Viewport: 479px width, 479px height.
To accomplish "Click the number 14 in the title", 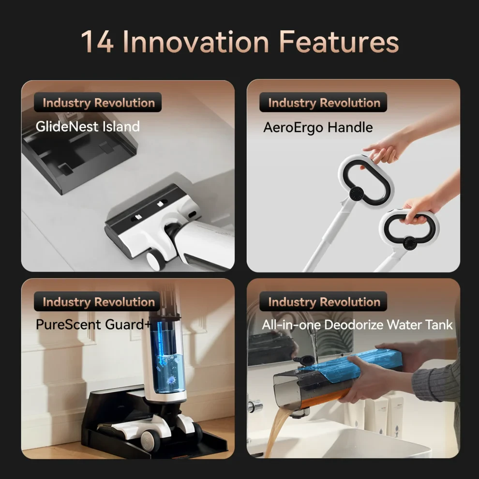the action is [97, 42].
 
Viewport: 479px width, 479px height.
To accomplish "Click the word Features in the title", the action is [339, 42].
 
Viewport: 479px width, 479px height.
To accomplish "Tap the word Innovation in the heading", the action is [196, 42].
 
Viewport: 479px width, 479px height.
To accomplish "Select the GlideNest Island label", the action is [88, 126].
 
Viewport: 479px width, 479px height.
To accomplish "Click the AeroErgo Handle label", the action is [318, 127].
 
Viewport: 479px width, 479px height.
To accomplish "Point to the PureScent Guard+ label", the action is [93, 325].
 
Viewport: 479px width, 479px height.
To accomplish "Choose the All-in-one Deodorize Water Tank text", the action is [357, 325].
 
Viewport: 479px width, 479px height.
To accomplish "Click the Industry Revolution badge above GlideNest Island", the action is [98, 103].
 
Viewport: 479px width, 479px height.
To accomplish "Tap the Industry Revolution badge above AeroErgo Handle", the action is [323, 103].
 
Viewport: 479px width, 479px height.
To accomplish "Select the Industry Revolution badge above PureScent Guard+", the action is [98, 301].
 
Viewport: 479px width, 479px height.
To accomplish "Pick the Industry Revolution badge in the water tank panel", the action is [323, 301].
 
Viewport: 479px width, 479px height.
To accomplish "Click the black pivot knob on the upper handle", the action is [356, 194].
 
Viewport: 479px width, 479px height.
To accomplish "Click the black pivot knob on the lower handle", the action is [409, 243].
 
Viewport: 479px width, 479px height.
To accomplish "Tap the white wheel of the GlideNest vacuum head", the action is [155, 260].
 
